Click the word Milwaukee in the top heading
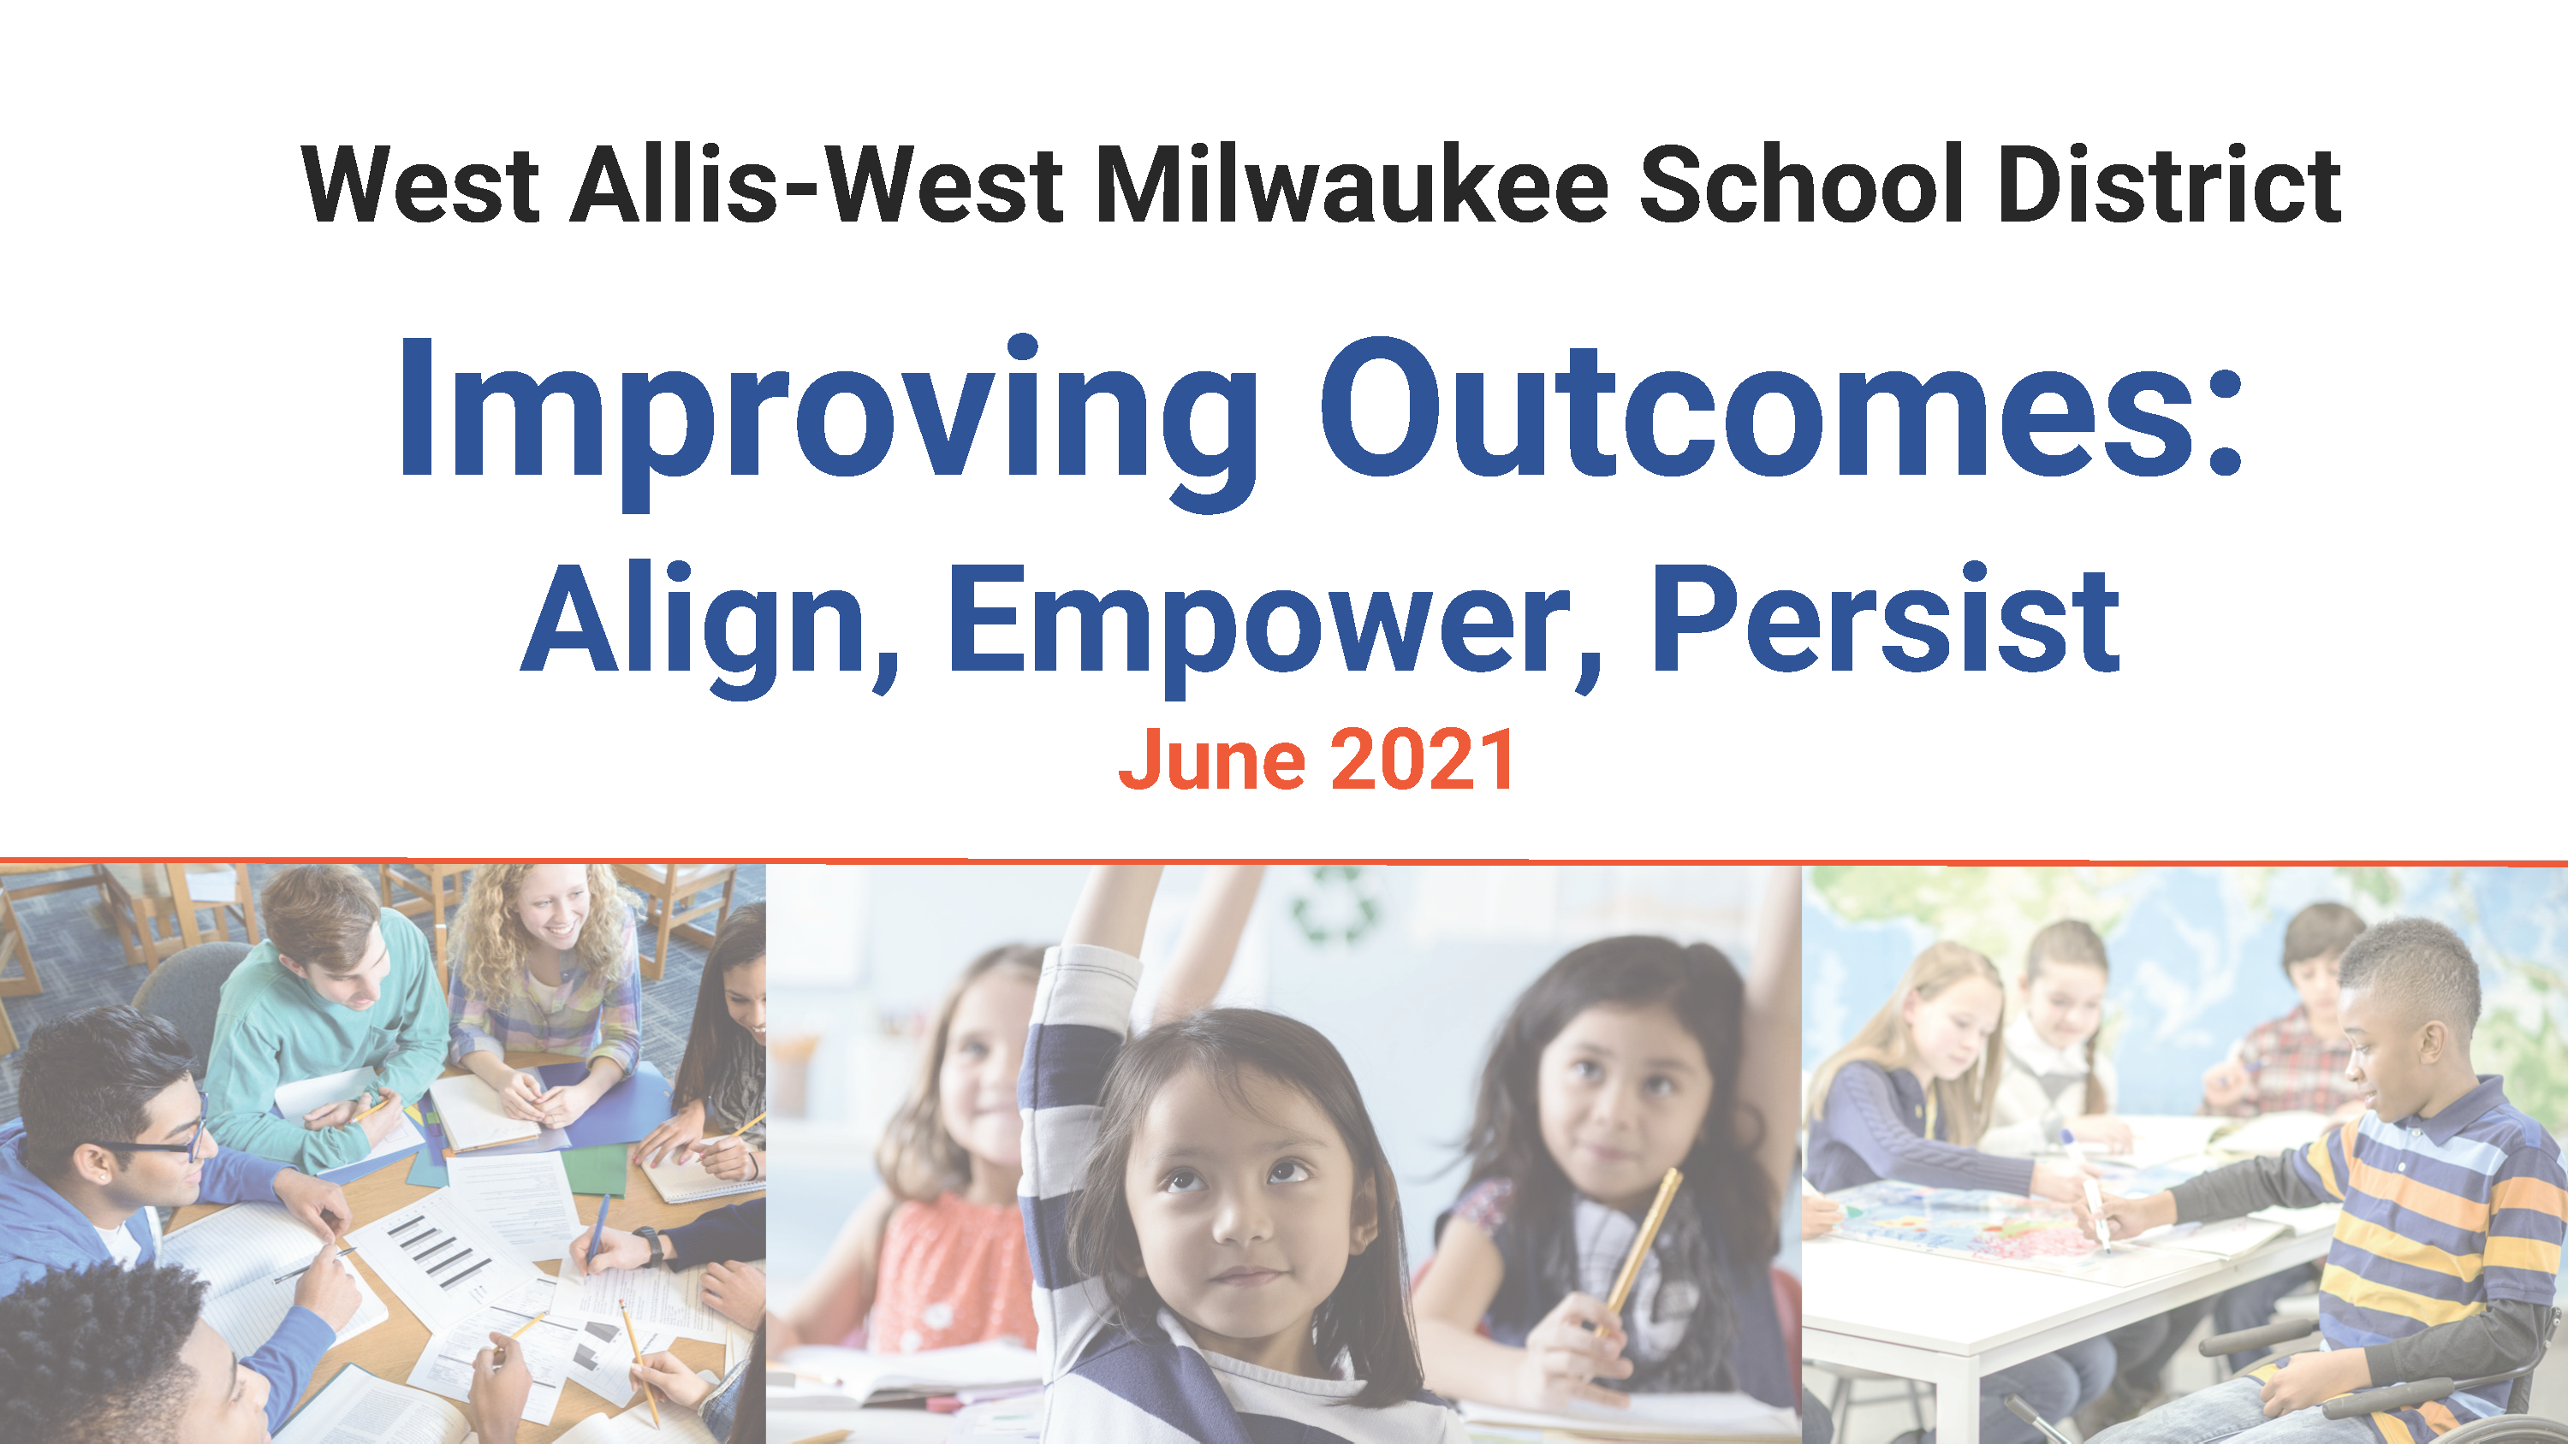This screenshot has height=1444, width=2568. (x=1352, y=185)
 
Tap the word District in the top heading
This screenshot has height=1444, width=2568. (x=2169, y=185)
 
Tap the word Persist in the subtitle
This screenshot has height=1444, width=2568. (x=1884, y=618)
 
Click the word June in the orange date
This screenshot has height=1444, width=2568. (x=1211, y=760)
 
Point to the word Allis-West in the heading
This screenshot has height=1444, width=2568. (x=817, y=185)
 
